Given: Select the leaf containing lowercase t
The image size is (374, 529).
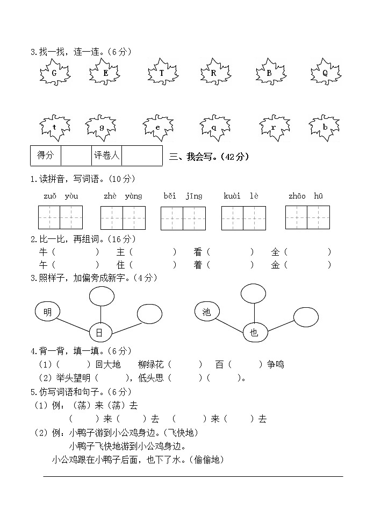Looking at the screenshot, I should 54,128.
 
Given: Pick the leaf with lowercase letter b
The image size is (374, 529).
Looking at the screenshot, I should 325,128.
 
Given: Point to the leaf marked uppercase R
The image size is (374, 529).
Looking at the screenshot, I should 214,73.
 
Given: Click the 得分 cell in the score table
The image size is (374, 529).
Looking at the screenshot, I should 46,156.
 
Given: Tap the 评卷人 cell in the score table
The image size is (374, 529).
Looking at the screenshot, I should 107,156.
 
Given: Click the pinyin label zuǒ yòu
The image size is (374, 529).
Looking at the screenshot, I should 60,196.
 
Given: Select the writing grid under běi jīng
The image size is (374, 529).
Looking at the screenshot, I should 183,218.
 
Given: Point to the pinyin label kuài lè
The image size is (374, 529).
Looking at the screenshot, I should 241,196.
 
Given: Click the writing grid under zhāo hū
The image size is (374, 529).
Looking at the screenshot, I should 307,217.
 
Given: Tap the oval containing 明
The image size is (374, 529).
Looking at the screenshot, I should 48,312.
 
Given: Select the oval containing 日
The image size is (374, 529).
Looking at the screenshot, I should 99,333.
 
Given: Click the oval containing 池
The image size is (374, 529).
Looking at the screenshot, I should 207,312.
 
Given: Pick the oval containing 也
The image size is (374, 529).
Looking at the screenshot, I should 254,333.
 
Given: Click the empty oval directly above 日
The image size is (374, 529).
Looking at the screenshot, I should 101,295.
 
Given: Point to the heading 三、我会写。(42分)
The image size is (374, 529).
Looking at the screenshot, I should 209,157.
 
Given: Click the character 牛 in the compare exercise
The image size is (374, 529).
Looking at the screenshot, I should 43,251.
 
